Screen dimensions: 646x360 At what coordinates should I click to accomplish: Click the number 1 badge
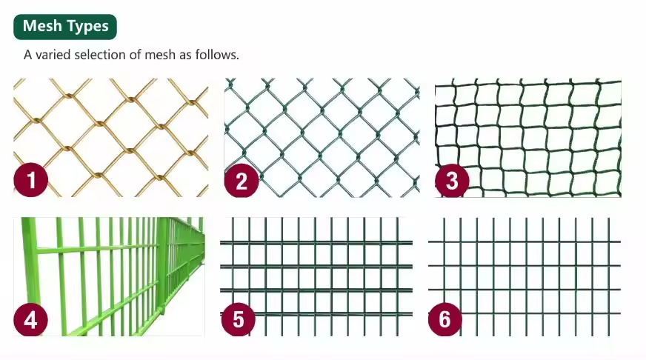click(31, 180)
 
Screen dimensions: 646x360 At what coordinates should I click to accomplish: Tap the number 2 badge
click(242, 180)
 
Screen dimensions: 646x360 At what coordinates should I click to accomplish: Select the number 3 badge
click(452, 180)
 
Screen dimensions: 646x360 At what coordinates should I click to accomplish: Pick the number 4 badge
click(31, 320)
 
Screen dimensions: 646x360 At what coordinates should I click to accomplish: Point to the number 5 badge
click(239, 319)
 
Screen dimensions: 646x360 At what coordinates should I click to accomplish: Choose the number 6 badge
click(445, 319)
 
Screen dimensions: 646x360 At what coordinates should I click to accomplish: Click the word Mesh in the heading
click(42, 26)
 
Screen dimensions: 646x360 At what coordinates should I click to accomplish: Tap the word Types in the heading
click(87, 27)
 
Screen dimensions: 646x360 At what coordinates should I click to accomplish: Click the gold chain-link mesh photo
click(111, 138)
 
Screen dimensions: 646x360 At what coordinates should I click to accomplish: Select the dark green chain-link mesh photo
click(322, 138)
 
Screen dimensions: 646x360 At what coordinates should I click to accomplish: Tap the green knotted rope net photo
click(528, 138)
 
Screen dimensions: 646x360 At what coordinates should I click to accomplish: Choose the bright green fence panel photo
click(109, 276)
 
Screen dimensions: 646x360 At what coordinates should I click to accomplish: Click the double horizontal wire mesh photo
click(316, 276)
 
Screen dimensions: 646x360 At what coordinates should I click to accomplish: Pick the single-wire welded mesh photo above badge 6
click(525, 276)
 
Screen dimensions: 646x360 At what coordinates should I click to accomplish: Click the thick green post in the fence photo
click(162, 264)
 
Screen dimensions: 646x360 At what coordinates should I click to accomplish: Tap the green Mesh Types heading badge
click(65, 27)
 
